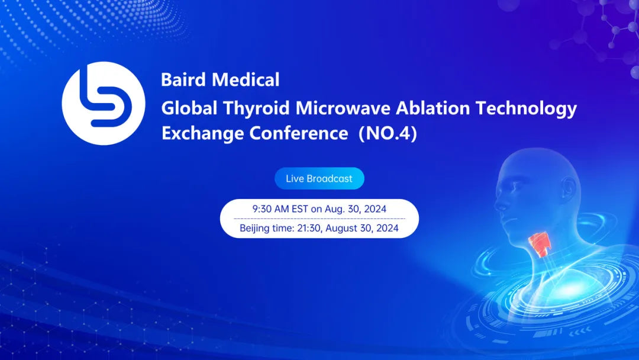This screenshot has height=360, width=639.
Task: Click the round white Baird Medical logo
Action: pyautogui.click(x=104, y=104)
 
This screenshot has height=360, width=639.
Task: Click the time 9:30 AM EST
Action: pyautogui.click(x=279, y=209)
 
